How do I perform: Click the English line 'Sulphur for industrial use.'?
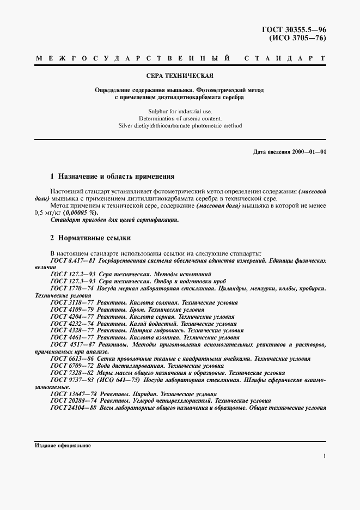[x=180, y=111]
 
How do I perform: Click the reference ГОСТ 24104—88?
[x=74, y=408]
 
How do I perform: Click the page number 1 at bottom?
[x=324, y=457]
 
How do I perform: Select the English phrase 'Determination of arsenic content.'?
[x=180, y=118]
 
